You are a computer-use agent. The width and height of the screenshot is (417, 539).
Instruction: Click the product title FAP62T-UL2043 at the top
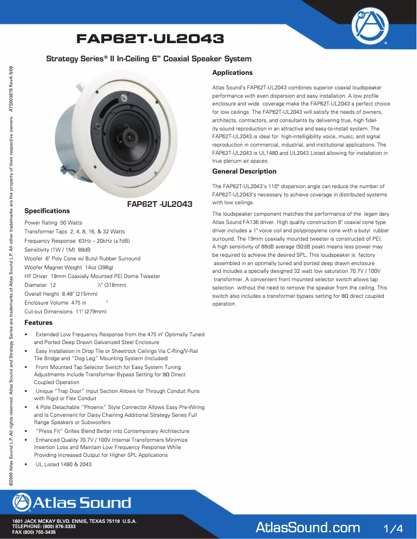pos(150,39)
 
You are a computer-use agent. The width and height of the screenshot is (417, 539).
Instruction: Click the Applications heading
pos(232,73)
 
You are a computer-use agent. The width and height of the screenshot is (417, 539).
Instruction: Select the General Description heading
pos(244,172)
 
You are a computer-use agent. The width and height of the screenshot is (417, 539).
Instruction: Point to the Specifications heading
pos(47,211)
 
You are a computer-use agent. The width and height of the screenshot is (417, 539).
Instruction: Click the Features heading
pos(38,323)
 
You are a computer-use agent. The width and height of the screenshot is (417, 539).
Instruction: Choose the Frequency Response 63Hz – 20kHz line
pos(77,241)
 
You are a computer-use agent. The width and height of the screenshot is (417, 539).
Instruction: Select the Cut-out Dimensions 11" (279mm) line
pos(65,311)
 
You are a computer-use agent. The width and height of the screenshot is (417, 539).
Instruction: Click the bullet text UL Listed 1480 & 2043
pos(63,464)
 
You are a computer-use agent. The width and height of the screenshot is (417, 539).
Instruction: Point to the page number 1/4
pos(393,529)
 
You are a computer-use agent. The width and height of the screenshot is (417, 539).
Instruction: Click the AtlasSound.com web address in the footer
pos(308,528)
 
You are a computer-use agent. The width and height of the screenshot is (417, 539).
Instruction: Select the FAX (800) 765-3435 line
pos(34,533)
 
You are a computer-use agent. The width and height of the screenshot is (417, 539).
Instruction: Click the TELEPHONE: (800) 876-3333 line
pos(44,527)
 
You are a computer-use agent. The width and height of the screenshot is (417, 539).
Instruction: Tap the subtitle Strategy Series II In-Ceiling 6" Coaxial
pos(149,59)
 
